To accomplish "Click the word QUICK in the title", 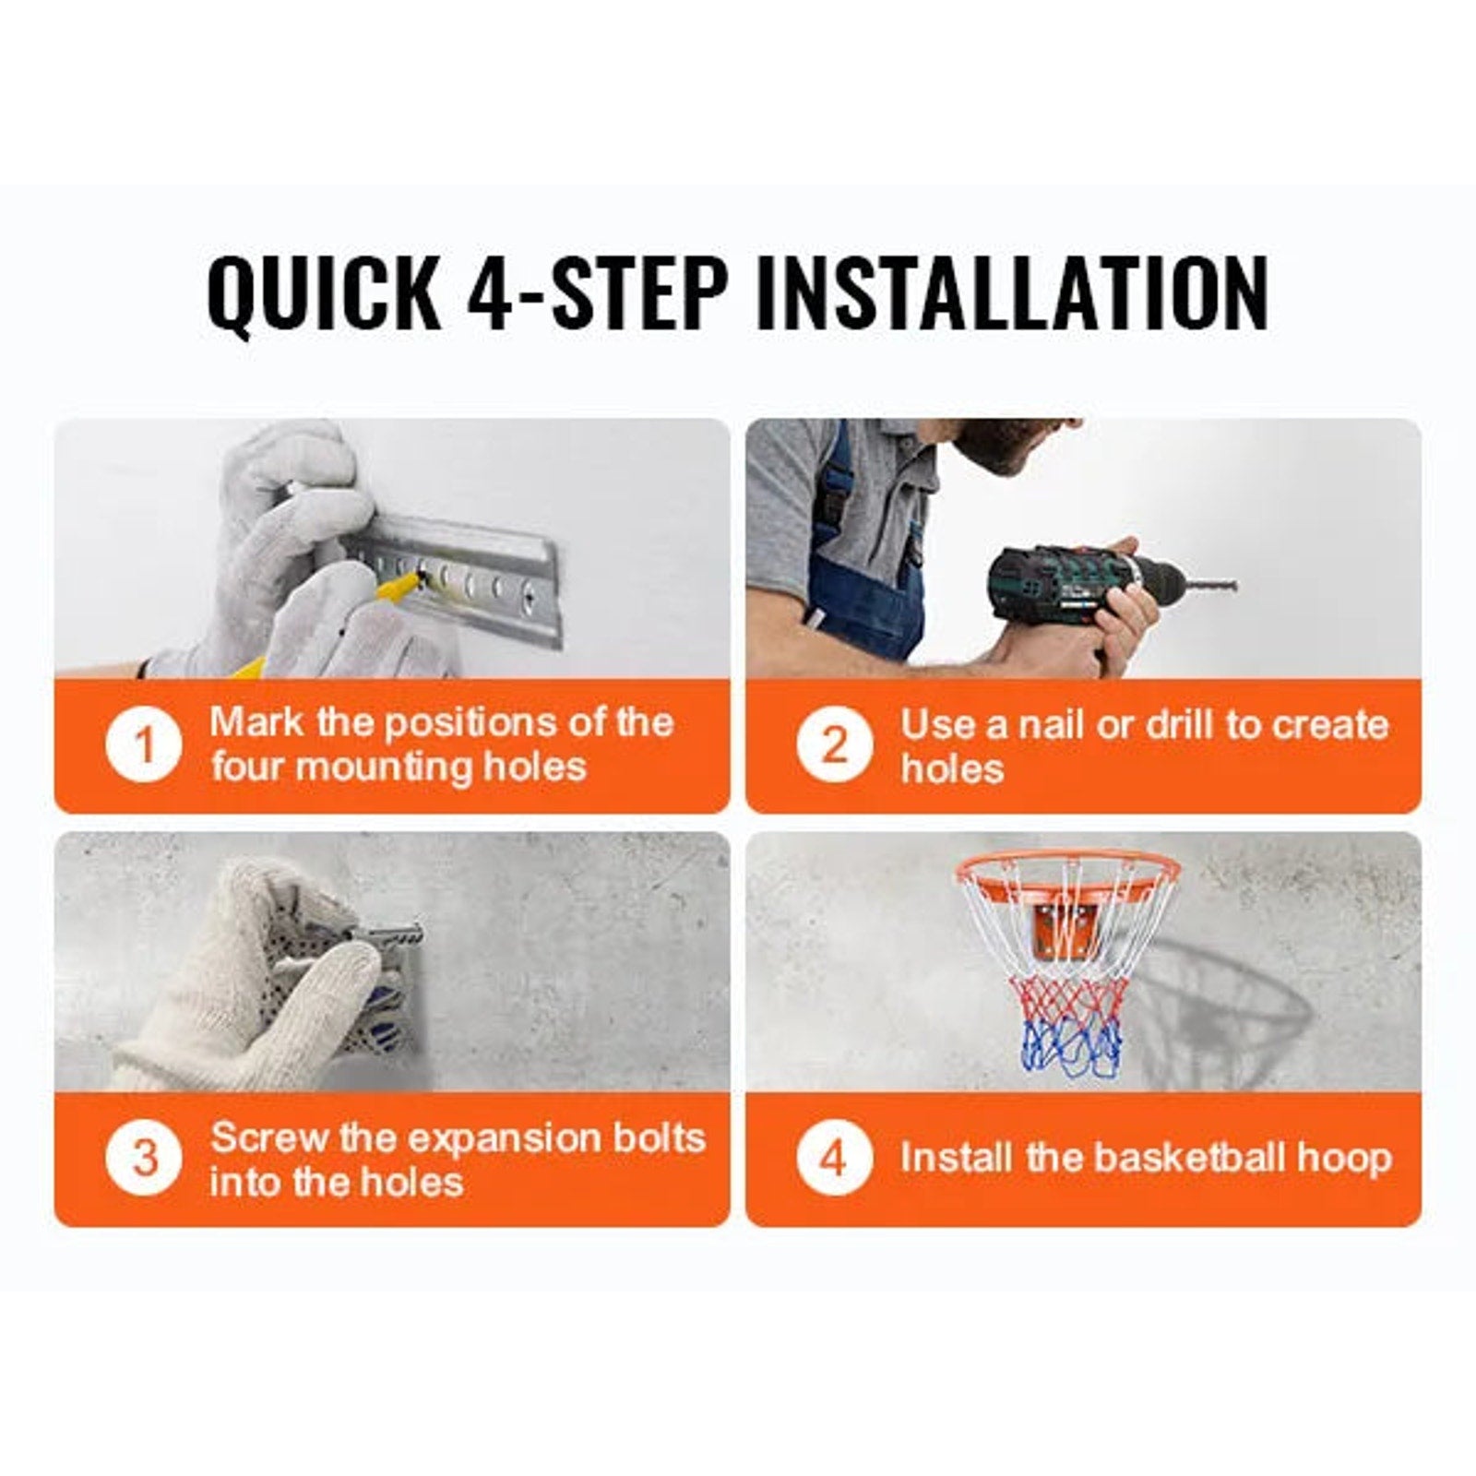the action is pyautogui.click(x=324, y=292).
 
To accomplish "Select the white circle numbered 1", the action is pyautogui.click(x=143, y=745).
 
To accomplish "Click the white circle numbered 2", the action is pyautogui.click(x=834, y=745).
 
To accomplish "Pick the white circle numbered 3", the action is pyautogui.click(x=143, y=1159).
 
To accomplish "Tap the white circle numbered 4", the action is pyautogui.click(x=834, y=1159).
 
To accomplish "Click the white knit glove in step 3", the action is pyautogui.click(x=268, y=978).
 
